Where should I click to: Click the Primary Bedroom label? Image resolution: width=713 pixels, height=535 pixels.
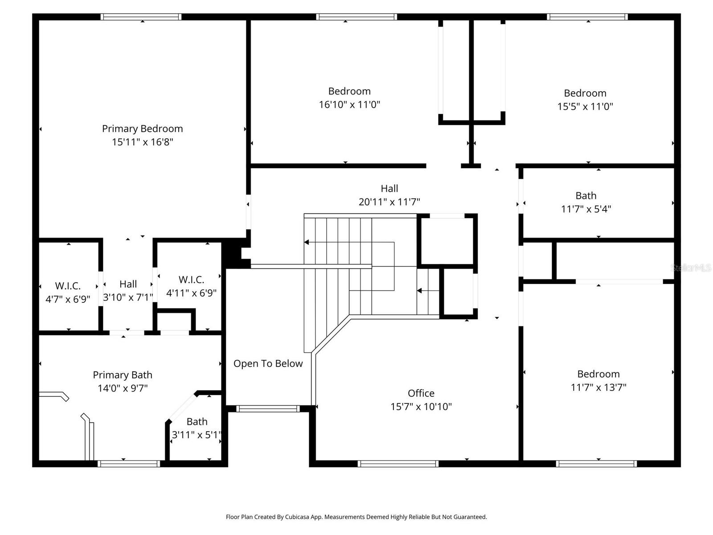click(142, 129)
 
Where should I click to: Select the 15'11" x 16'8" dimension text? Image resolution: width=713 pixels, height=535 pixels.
click(142, 142)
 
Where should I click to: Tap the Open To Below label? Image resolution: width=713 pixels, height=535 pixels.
click(268, 364)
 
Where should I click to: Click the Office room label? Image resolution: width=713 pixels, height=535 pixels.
click(421, 393)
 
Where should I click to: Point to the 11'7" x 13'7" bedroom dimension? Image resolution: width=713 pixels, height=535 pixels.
click(598, 387)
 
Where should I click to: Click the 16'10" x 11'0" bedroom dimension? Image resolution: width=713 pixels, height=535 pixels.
click(349, 105)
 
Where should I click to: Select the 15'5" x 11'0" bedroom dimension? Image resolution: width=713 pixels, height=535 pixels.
click(585, 107)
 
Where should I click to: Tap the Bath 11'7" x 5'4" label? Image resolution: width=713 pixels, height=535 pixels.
click(586, 196)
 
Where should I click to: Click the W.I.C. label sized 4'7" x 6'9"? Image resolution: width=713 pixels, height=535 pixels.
click(68, 286)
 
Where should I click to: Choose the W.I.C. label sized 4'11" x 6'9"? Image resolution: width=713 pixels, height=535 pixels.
click(191, 280)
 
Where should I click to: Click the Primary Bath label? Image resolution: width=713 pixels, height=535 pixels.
click(123, 375)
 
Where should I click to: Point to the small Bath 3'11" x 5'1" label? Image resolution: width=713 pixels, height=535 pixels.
click(197, 422)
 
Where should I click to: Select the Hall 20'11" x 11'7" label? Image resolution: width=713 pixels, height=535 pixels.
click(389, 189)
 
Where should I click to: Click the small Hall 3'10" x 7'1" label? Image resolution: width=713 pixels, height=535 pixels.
click(128, 284)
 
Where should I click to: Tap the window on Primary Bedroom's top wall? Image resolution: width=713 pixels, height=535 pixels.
click(141, 17)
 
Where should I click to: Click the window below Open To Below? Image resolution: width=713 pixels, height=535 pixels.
click(267, 408)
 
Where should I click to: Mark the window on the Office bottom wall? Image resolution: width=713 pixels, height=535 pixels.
click(398, 464)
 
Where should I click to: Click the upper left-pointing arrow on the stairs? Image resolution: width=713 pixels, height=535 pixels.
click(307, 242)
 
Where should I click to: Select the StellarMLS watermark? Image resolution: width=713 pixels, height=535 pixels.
click(691, 267)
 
